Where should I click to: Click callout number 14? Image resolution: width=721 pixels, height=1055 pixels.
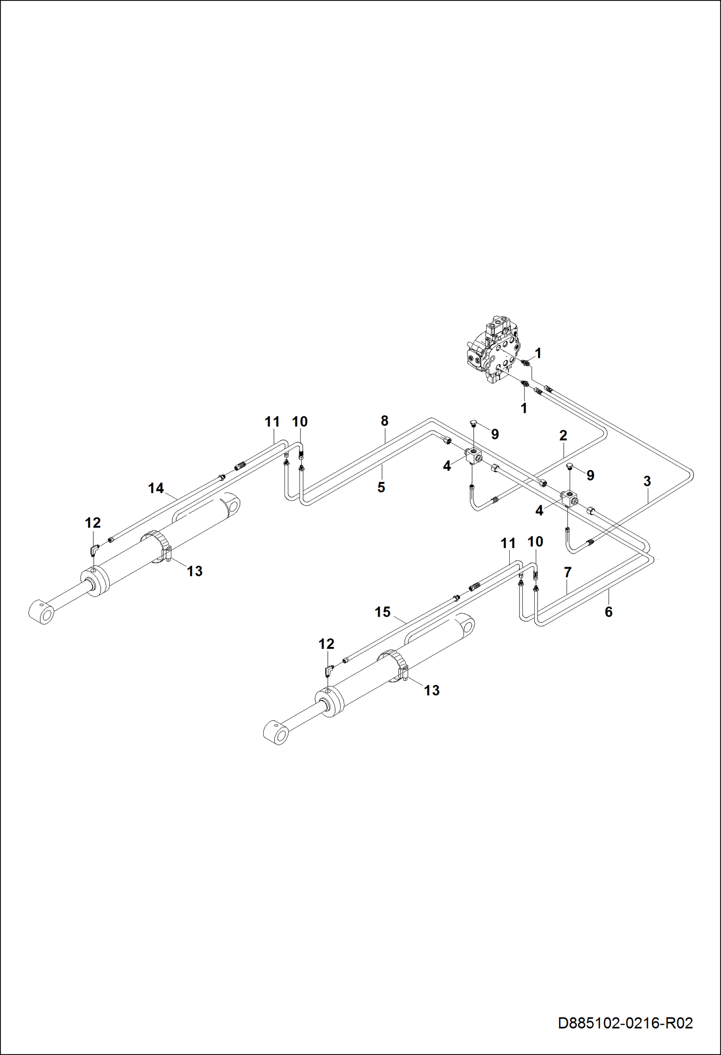pyautogui.click(x=156, y=488)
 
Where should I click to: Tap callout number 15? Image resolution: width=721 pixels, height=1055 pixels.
pyautogui.click(x=383, y=612)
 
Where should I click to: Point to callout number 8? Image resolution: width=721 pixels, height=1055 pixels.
pyautogui.click(x=384, y=421)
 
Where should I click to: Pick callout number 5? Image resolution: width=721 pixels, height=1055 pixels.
pyautogui.click(x=381, y=487)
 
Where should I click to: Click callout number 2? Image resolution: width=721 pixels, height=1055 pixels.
pyautogui.click(x=563, y=435)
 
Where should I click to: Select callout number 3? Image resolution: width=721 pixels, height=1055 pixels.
pyautogui.click(x=647, y=481)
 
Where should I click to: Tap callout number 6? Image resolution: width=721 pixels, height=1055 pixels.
pyautogui.click(x=608, y=612)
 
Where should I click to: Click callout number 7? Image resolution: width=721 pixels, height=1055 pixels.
pyautogui.click(x=567, y=572)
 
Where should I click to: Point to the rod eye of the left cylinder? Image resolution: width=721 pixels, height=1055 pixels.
pyautogui.click(x=41, y=612)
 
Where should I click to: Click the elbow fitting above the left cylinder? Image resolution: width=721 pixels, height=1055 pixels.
pyautogui.click(x=94, y=548)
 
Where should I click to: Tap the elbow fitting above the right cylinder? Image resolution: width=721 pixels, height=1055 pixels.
pyautogui.click(x=329, y=670)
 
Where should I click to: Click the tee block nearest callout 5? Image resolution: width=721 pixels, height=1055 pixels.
pyautogui.click(x=474, y=455)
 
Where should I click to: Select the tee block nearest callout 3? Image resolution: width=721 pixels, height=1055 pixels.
pyautogui.click(x=569, y=497)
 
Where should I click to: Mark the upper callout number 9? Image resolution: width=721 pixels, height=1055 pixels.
pyautogui.click(x=495, y=434)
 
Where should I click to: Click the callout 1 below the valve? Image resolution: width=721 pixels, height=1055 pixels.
pyautogui.click(x=524, y=408)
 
